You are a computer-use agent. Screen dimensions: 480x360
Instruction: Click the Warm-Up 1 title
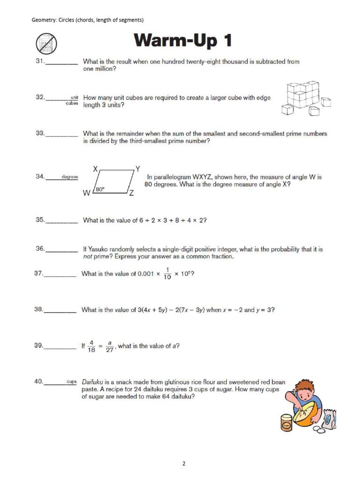tap(183, 42)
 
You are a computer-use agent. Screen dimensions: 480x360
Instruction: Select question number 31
tap(40, 61)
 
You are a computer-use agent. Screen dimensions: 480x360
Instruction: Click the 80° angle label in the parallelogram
tap(99, 189)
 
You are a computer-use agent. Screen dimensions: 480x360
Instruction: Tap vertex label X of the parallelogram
tap(95, 168)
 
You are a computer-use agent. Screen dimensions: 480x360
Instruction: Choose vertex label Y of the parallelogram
tap(137, 168)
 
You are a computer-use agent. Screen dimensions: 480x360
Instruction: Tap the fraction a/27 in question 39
tap(110, 346)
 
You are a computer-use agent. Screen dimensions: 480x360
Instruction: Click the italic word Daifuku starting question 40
tap(93, 382)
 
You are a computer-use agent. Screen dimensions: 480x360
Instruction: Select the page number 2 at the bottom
tap(184, 464)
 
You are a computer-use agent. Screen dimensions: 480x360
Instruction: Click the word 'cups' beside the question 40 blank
tap(71, 382)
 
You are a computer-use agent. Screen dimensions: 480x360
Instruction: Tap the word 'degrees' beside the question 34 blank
tap(70, 177)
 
